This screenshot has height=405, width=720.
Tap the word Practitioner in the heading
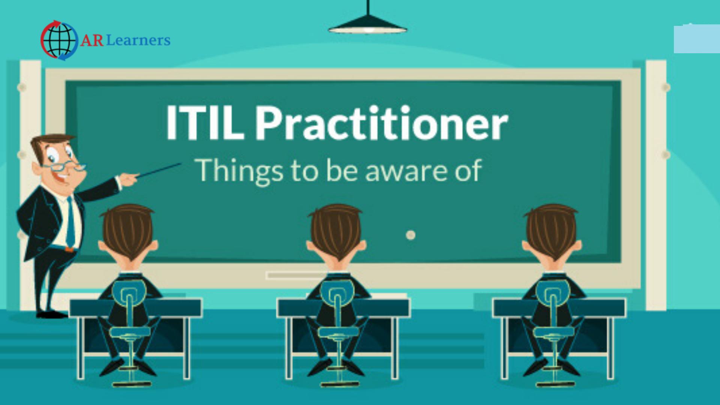(x=382, y=123)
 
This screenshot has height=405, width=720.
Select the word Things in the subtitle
(x=239, y=171)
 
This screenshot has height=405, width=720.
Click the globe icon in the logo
(x=60, y=40)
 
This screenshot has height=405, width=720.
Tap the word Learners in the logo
(x=138, y=40)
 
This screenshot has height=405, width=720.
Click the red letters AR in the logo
(x=92, y=40)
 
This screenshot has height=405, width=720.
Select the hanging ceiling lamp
(x=367, y=22)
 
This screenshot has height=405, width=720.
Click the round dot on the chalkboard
(x=411, y=235)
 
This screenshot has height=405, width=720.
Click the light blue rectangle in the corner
(x=697, y=39)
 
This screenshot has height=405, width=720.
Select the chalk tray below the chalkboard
(x=296, y=276)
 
